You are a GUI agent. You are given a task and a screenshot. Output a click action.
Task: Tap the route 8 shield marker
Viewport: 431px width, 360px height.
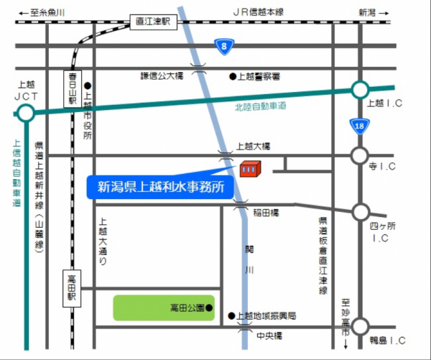tap(224, 47)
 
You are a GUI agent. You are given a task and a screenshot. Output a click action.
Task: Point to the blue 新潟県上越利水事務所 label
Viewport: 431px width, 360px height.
tap(162, 188)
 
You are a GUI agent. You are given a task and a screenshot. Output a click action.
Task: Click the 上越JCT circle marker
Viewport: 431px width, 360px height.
tap(26, 114)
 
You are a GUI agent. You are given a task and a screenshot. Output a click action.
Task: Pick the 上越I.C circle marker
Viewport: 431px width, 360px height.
tap(359, 91)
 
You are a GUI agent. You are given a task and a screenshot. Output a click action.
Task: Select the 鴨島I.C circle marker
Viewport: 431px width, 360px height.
tap(359, 326)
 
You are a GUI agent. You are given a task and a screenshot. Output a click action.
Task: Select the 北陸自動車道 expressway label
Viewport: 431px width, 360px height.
tap(260, 106)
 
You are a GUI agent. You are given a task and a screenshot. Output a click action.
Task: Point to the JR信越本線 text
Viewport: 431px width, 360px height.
tap(259, 12)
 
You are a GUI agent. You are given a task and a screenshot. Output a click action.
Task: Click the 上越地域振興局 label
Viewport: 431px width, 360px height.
tap(267, 316)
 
